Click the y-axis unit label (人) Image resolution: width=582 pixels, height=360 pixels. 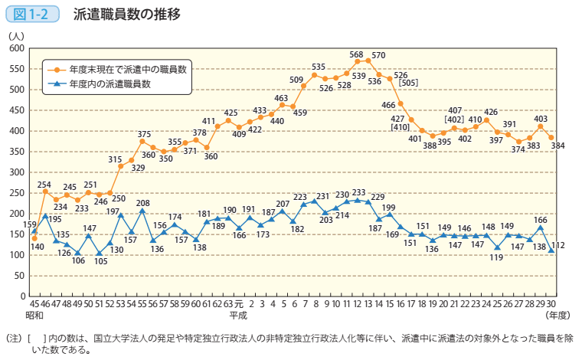[15, 34]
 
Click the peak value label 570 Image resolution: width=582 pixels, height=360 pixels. [378, 55]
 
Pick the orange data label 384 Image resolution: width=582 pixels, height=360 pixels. [558, 146]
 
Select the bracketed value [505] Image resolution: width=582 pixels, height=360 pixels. [408, 82]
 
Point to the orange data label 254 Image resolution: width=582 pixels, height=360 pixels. [44, 185]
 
